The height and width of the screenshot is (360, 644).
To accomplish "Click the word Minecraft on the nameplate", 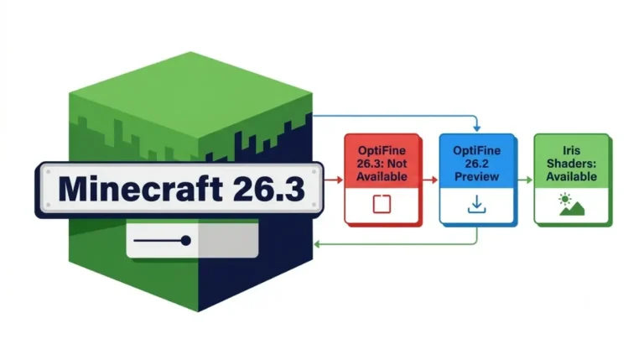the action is coord(141,189).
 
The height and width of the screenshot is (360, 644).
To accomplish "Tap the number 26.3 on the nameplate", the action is coord(269,189).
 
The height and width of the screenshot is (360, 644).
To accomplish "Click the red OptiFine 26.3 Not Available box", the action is coord(382,179).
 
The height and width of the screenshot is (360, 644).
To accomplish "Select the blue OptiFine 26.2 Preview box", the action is coord(477,179).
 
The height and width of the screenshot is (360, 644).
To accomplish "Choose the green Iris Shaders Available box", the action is coord(572,179).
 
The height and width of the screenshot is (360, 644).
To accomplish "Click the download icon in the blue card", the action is coord(477,204).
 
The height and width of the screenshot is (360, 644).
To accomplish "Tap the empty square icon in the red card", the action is coord(382,204).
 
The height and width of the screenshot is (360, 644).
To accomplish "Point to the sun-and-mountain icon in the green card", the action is coord(571,205).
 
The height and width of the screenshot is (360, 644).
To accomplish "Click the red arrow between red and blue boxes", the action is coord(429,180).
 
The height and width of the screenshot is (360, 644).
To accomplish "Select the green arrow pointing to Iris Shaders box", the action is coord(524,180).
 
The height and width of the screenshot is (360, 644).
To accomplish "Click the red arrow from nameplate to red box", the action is coord(334,180).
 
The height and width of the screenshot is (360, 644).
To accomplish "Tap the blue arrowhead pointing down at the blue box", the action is coord(476,128).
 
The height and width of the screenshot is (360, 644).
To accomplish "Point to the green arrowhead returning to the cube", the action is coord(317,244).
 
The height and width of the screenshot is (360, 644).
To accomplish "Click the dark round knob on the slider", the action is coord(185,240).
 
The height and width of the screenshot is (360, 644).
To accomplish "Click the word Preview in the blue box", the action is coord(477,177).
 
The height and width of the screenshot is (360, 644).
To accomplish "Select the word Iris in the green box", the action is coord(571,150).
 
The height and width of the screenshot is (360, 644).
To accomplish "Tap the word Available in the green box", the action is coord(572,177).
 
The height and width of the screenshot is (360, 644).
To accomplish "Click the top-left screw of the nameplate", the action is coord(49,172).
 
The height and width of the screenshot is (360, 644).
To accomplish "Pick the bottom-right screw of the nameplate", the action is coord(314,205).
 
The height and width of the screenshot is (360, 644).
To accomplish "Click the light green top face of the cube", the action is coord(190,99).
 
